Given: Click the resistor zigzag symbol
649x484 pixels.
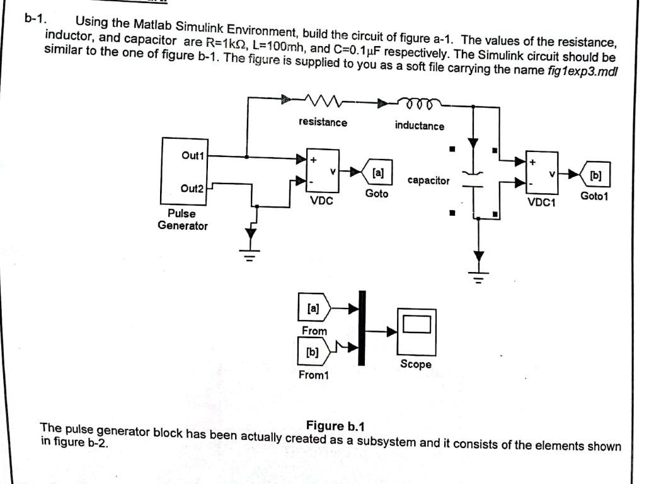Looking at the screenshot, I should [321, 99].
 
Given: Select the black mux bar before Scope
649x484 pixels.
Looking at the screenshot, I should [362, 328].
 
